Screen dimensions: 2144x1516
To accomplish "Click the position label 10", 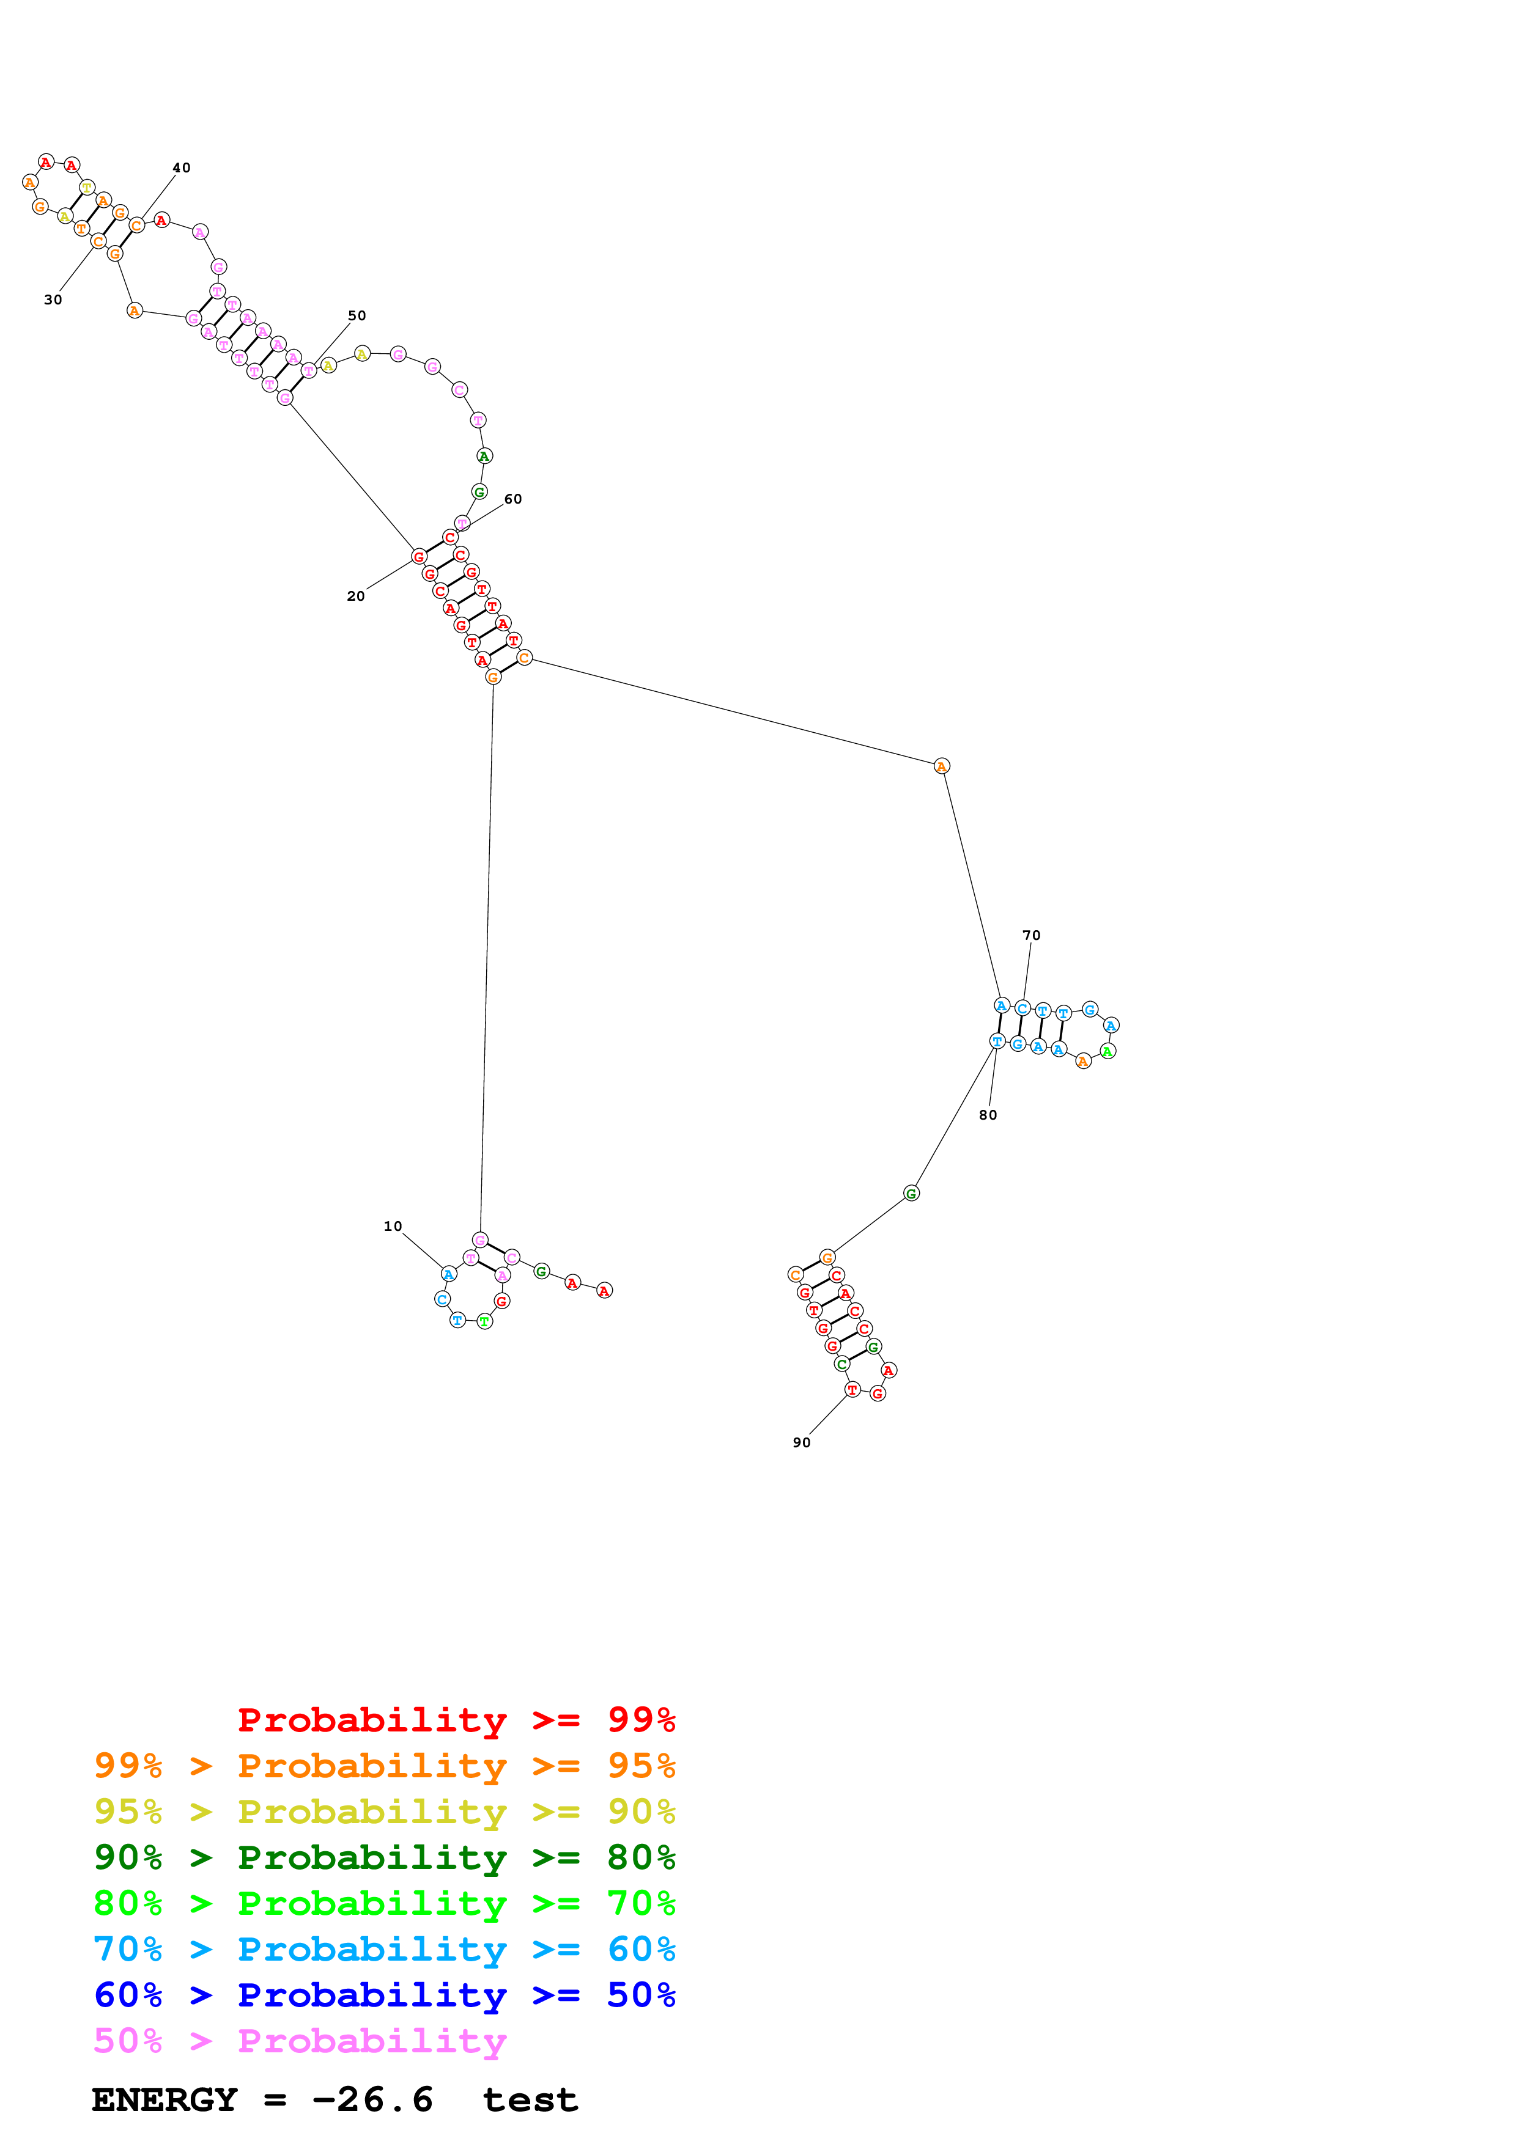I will [x=393, y=1226].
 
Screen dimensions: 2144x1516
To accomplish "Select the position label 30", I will [x=53, y=299].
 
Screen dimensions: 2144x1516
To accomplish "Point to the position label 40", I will [x=181, y=168].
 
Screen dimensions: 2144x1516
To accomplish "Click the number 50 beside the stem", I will [x=357, y=315].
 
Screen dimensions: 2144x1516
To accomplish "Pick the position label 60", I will [x=513, y=499].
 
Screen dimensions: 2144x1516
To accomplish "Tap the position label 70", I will [x=1031, y=934].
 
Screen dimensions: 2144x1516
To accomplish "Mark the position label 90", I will [x=802, y=1443].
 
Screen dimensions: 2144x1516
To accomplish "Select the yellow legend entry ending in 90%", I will [x=384, y=1812].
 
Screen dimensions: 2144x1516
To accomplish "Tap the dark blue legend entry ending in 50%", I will [x=384, y=1995].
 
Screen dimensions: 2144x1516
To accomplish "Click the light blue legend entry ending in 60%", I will [x=384, y=1949].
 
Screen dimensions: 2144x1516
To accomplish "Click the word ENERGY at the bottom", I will [x=165, y=2100].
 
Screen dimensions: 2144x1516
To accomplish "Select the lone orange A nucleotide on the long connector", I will [x=942, y=766].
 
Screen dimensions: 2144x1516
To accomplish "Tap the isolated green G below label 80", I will [x=912, y=1194].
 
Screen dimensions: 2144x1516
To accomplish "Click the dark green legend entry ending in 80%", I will [x=384, y=1857].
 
